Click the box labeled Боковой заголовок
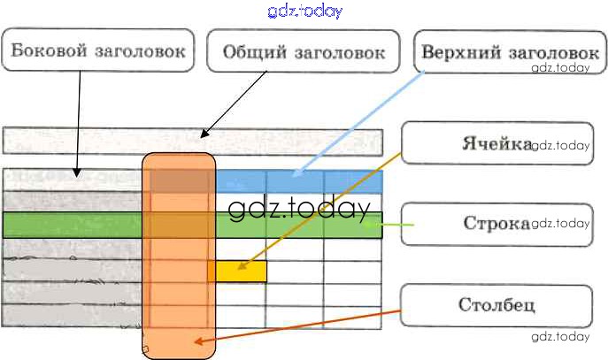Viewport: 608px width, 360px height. [x=98, y=50]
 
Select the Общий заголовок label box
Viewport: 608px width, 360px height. [x=304, y=51]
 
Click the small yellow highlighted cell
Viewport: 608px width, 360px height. [x=238, y=271]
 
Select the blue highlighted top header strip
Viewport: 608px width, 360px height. [x=298, y=180]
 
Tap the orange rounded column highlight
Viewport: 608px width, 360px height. [x=179, y=257]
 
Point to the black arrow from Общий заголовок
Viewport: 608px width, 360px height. [x=235, y=104]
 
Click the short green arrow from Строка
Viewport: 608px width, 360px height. [x=394, y=226]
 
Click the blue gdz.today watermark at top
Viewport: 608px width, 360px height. [x=304, y=11]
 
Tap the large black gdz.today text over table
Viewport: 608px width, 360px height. [x=297, y=210]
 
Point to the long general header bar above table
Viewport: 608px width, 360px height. [x=193, y=142]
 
